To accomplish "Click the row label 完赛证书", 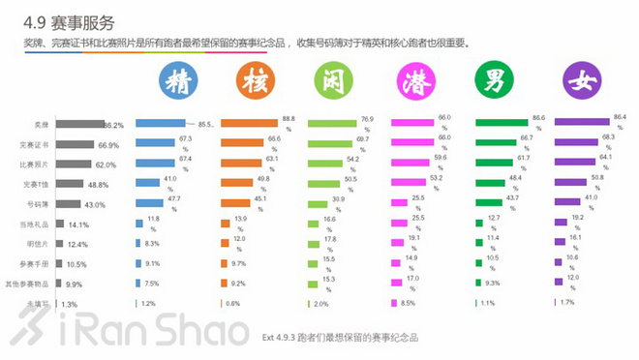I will click(x=34, y=144).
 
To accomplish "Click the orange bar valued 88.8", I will click(x=250, y=124).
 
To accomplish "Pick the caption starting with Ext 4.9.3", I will click(x=340, y=339).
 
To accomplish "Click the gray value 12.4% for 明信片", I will click(x=76, y=244).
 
